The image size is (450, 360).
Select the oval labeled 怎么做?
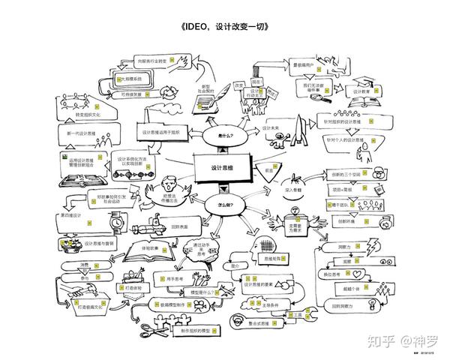(x=223, y=204)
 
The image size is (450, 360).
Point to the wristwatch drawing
(x=117, y=222)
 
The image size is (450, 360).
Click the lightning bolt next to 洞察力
(x=373, y=244)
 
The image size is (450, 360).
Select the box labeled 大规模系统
(x=128, y=79)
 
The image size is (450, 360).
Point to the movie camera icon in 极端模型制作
(x=199, y=305)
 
